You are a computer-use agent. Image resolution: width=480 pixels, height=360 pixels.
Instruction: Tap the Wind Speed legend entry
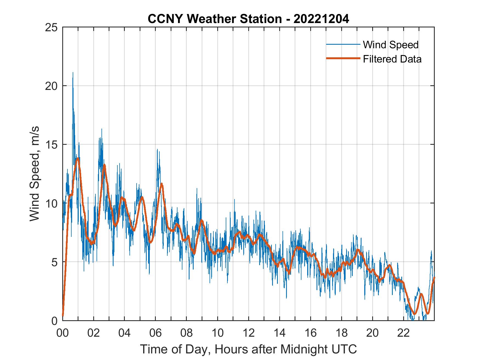[x=391, y=45]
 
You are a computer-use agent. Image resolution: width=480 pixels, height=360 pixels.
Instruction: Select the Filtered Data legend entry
[x=392, y=59]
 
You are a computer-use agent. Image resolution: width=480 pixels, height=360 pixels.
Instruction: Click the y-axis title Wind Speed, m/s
[x=35, y=174]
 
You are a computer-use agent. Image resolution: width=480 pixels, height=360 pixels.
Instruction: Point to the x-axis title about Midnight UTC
[x=249, y=349]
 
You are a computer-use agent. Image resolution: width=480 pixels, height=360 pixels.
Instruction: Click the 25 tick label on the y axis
[x=52, y=27]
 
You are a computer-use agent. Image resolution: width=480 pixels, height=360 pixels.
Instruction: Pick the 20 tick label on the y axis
[x=52, y=86]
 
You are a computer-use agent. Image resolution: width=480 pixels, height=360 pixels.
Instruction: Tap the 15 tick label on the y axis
[x=52, y=144]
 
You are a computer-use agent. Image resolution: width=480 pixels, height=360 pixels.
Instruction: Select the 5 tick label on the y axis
[x=55, y=262]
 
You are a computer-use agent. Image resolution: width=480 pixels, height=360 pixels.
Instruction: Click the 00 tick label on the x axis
[x=63, y=333]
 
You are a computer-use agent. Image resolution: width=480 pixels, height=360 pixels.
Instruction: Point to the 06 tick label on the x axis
[x=156, y=333]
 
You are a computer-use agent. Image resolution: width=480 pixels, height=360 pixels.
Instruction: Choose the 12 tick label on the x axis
[x=249, y=333]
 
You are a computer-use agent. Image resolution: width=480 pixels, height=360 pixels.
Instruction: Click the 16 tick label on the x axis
[x=310, y=333]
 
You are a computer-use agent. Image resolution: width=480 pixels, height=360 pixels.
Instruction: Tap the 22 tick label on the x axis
[x=403, y=333]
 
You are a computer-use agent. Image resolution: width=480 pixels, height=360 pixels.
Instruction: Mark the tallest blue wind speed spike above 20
[x=73, y=73]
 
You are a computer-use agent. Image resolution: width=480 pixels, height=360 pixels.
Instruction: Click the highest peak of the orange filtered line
[x=78, y=158]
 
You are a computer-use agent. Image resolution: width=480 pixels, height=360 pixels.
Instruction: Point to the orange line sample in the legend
[x=343, y=58]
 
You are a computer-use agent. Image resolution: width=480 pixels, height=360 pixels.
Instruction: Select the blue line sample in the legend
[x=343, y=44]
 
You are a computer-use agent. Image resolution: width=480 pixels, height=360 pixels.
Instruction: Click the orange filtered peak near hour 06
[x=162, y=184]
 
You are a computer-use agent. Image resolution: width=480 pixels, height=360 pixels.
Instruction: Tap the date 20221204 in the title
[x=321, y=19]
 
